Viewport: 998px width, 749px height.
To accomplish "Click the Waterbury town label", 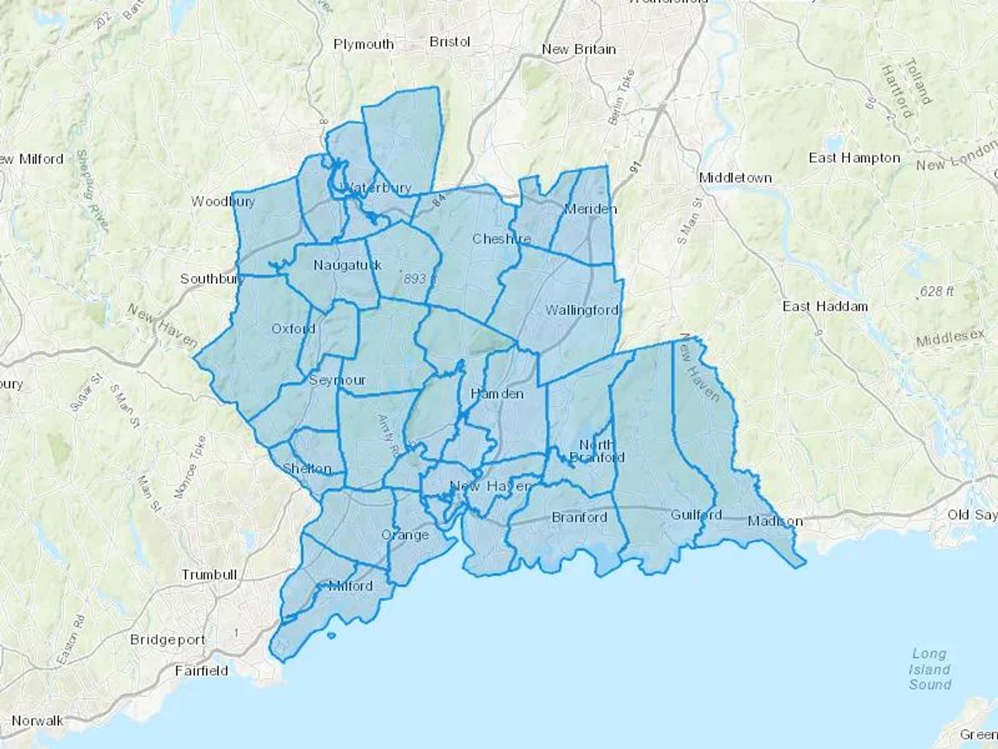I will (x=378, y=188).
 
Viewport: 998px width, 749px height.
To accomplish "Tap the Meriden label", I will (x=590, y=209).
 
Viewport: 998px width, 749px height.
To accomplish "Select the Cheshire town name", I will (x=501, y=239).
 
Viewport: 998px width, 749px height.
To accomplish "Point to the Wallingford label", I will (x=582, y=310).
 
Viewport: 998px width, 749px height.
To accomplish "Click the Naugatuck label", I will (x=348, y=265).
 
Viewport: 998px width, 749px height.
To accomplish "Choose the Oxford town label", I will (x=293, y=328).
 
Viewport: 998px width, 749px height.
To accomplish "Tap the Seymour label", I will (x=337, y=380).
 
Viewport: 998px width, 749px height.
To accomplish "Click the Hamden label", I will (x=497, y=394).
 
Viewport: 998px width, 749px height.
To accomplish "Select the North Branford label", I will (x=597, y=451).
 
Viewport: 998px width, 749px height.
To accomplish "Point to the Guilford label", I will (x=696, y=515).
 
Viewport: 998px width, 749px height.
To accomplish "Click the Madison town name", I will (x=775, y=521).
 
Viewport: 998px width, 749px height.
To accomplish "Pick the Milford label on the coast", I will (x=350, y=586).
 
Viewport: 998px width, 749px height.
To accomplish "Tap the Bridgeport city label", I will (x=167, y=640).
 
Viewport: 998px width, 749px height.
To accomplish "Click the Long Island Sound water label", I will (x=929, y=669).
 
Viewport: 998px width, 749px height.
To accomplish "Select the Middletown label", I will (x=735, y=178).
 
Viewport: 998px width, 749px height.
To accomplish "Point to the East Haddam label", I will (x=825, y=306).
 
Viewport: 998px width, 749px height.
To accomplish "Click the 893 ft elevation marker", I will (x=419, y=279).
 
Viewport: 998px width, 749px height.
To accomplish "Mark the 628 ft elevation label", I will (x=936, y=291).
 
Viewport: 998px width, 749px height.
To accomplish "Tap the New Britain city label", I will (x=579, y=49).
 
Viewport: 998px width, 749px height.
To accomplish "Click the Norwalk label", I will (x=37, y=721).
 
